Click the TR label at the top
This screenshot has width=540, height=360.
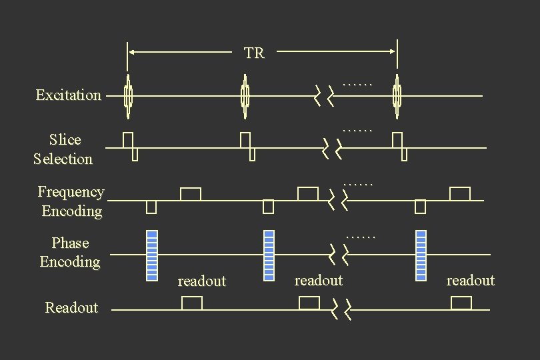254,53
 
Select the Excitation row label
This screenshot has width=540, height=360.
69,95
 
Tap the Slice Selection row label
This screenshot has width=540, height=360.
64,149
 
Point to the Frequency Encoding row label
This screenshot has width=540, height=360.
71,201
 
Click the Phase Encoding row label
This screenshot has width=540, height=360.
70,253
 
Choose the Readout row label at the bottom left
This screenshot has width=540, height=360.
71,307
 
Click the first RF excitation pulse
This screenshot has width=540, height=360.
128,96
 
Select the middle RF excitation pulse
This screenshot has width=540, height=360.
245,96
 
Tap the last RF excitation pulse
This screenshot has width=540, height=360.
397,96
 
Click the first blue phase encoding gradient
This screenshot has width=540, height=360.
151,255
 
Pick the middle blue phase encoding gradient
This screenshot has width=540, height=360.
269,255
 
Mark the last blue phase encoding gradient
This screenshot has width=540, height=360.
421,255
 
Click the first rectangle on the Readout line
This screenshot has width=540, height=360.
192,303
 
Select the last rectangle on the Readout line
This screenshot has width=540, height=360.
461,303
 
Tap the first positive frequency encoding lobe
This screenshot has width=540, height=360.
191,194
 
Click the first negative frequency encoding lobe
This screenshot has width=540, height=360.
151,207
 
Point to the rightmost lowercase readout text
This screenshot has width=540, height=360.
471,281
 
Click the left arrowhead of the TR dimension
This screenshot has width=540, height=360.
132,51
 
